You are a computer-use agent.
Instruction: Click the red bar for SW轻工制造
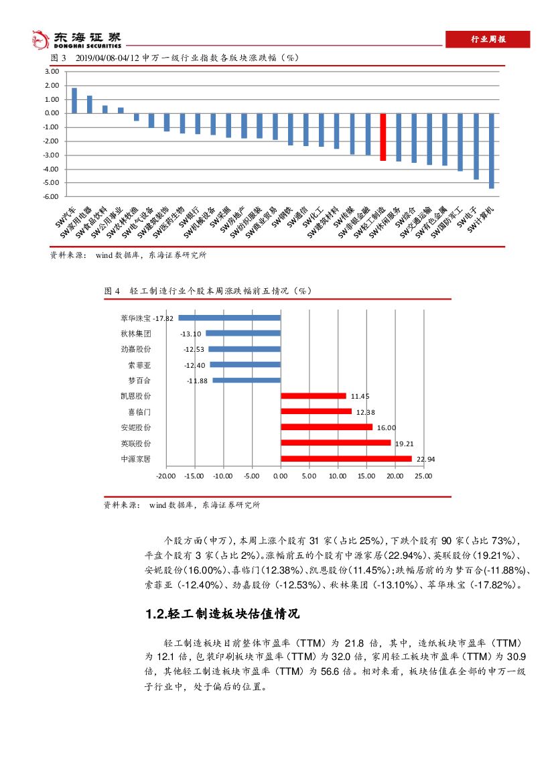point(383,137)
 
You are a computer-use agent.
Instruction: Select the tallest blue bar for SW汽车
point(74,101)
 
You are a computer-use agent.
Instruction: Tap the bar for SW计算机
point(491,151)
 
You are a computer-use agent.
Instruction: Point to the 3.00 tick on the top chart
point(52,72)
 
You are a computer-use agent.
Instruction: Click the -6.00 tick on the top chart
point(52,196)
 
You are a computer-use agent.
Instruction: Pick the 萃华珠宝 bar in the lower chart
point(229,318)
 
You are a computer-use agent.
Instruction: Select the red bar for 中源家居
point(346,459)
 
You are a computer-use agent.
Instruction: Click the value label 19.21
point(404,444)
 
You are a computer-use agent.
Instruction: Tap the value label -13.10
point(191,334)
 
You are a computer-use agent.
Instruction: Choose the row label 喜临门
point(139,411)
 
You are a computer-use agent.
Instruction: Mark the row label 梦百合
point(139,381)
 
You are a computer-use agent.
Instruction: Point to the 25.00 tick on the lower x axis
point(423,476)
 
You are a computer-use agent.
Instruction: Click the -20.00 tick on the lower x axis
point(165,476)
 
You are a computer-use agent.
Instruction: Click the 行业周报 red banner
point(487,40)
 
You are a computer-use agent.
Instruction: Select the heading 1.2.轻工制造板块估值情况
point(222,614)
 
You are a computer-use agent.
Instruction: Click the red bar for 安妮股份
point(326,428)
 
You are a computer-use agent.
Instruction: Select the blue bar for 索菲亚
point(245,365)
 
